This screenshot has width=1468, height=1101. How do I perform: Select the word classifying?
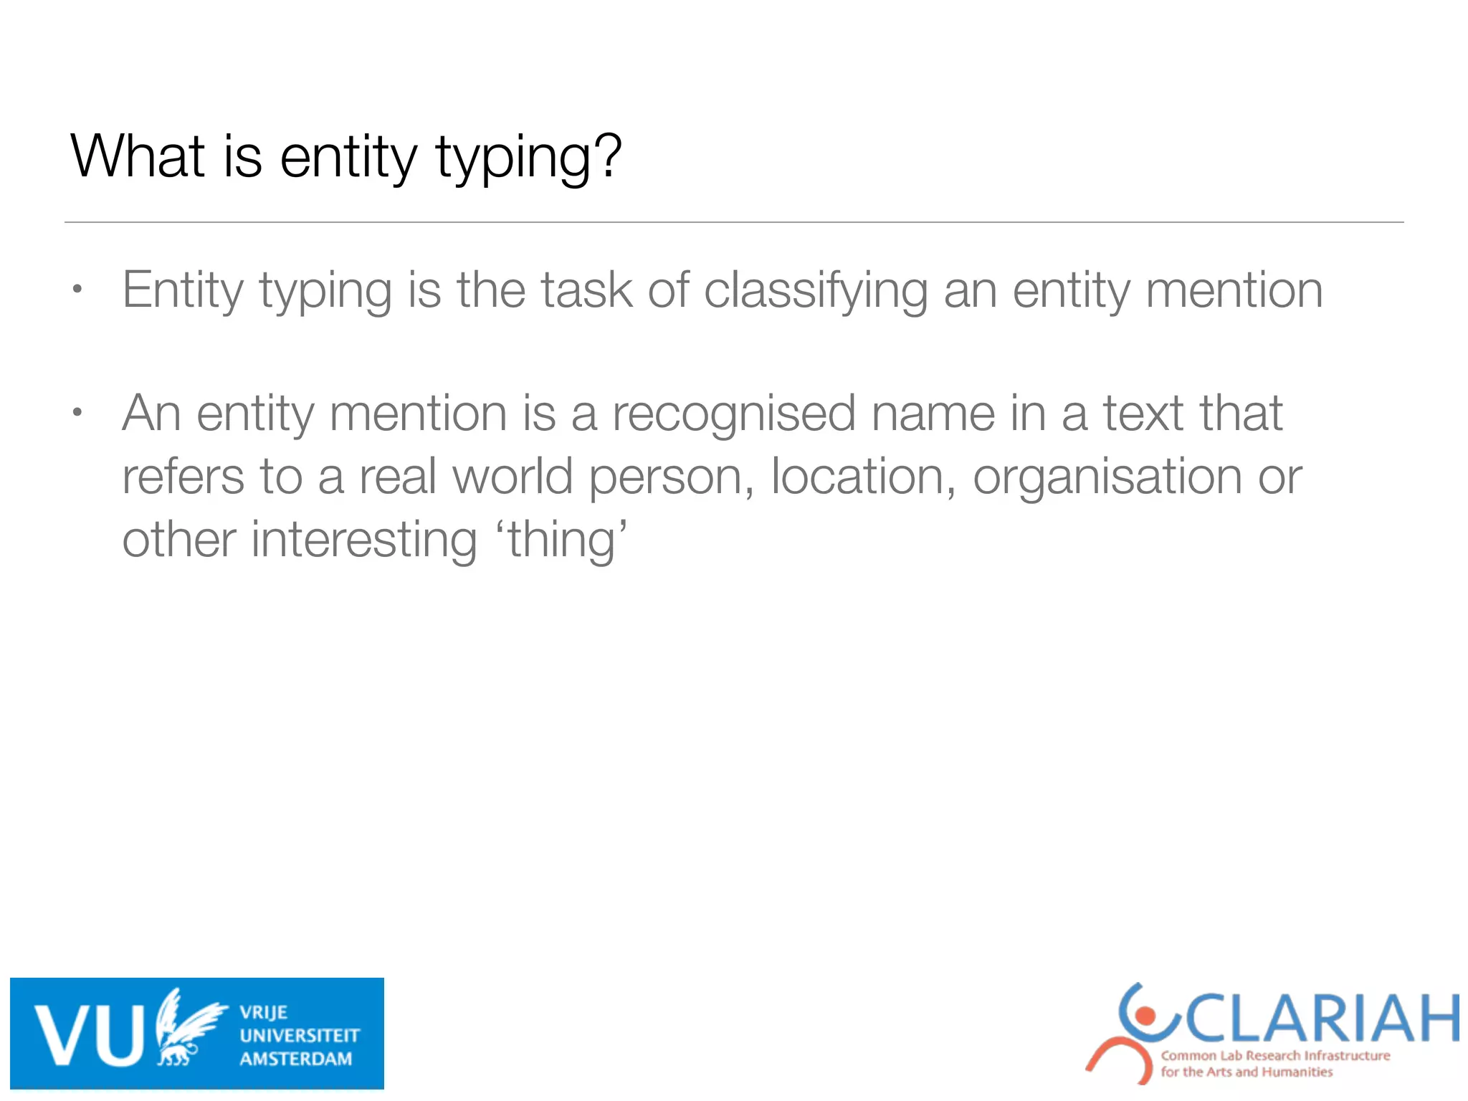point(815,291)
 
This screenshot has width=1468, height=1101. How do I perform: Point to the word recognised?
point(733,414)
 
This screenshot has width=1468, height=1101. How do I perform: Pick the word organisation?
point(1106,477)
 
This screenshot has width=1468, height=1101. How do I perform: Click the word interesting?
point(363,540)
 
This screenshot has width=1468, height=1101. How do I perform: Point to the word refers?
point(183,477)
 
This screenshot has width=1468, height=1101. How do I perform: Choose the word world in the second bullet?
point(513,477)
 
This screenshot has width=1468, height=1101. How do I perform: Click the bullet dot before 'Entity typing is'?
point(77,290)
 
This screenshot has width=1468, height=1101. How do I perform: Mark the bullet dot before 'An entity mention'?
point(77,413)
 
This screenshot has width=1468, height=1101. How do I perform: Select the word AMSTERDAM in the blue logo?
point(296,1059)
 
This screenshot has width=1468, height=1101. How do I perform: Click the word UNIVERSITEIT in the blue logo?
point(300,1035)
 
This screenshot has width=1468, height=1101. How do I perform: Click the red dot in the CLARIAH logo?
point(1145,1015)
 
